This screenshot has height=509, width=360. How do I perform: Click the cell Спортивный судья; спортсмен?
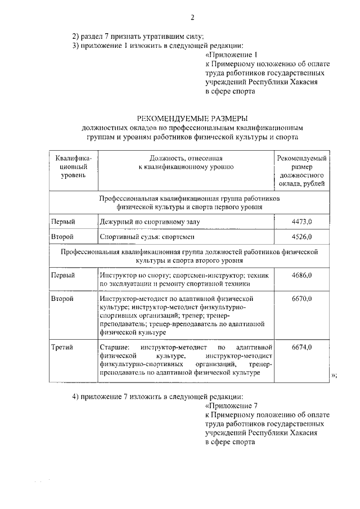pos(146,237)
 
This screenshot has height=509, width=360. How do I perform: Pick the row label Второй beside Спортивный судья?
pos(62,237)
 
